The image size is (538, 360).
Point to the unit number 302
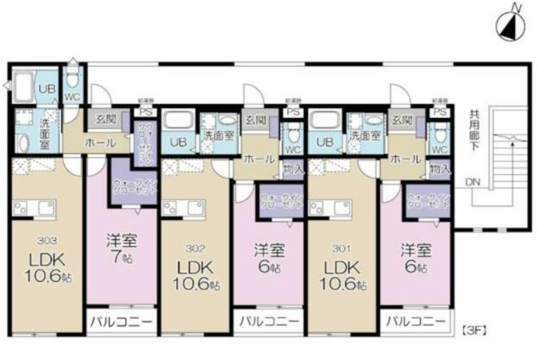pos(194,247)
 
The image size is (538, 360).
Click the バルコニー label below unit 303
pos(121,323)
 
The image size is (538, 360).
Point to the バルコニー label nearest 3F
pos(417,322)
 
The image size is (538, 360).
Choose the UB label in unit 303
pos(46,88)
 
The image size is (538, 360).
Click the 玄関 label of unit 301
pos(400,121)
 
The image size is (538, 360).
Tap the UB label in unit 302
pos(178,142)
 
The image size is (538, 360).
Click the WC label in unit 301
pos(438,149)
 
